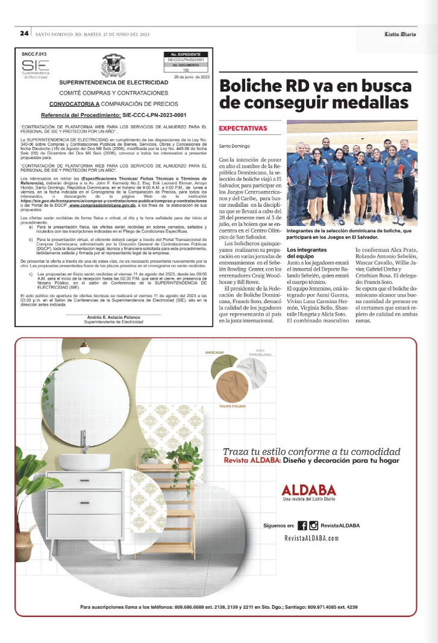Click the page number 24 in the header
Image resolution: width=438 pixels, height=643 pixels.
[25, 33]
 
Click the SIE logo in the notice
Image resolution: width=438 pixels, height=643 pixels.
[34, 67]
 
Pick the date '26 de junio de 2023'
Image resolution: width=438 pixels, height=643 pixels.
[192, 77]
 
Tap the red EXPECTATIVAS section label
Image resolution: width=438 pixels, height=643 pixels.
[243, 128]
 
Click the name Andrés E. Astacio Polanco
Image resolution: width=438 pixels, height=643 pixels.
[113, 318]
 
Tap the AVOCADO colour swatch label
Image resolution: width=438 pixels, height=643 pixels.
[214, 352]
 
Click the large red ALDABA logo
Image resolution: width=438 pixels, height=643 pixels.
[311, 489]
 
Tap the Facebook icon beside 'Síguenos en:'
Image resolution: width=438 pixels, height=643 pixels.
[302, 525]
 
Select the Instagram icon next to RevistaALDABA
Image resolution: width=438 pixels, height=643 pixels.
[313, 525]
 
